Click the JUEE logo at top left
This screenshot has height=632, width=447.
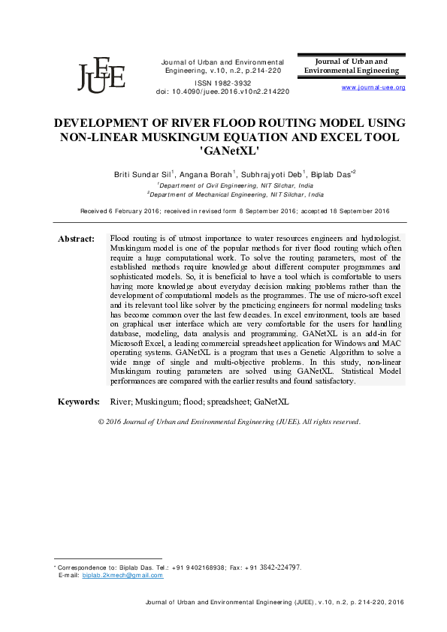point(101,73)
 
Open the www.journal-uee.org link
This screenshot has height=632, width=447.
point(373,88)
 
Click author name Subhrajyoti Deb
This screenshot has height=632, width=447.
point(267,173)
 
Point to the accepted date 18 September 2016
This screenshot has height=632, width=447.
point(345,212)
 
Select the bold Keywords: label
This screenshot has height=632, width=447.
point(79,402)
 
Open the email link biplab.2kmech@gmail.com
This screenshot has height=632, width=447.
point(122,575)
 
